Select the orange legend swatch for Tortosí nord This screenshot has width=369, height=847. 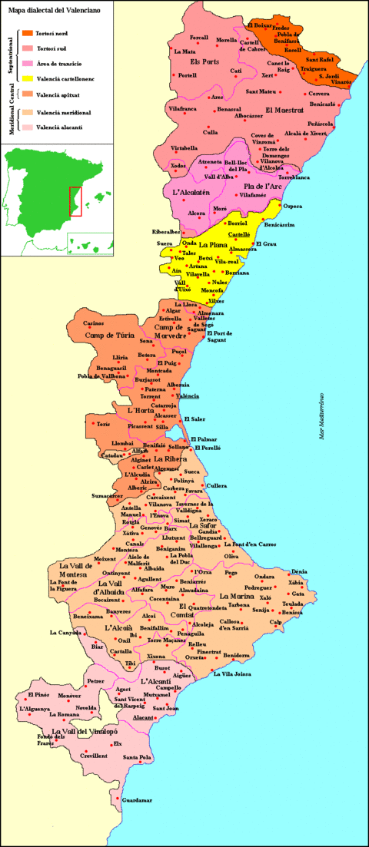pos(28,33)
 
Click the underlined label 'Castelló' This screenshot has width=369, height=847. pos(238,233)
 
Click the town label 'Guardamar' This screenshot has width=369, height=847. pos(137,801)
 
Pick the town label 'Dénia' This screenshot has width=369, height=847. pos(298,572)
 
